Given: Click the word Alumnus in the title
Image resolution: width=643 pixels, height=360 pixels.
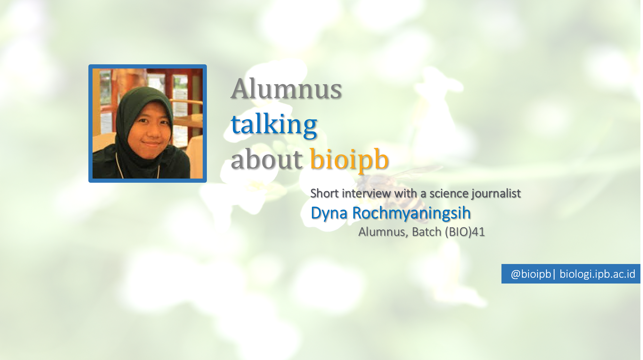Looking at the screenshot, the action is pyautogui.click(x=286, y=89).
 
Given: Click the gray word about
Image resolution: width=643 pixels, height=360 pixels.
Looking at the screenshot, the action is pyautogui.click(x=266, y=159).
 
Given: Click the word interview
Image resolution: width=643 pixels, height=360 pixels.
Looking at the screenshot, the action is pyautogui.click(x=366, y=193).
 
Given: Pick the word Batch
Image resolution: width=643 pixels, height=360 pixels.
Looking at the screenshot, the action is pyautogui.click(x=427, y=232).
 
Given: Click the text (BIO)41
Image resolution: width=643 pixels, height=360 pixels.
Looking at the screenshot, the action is pyautogui.click(x=465, y=232).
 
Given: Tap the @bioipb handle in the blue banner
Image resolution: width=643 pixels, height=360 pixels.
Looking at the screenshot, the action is pyautogui.click(x=531, y=274).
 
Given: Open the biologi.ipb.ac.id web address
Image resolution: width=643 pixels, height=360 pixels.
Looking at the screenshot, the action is pyautogui.click(x=598, y=274).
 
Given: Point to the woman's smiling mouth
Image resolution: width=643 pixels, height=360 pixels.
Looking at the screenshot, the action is pyautogui.click(x=151, y=144).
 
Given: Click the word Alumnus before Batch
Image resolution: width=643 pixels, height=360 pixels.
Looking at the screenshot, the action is pyautogui.click(x=383, y=232).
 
